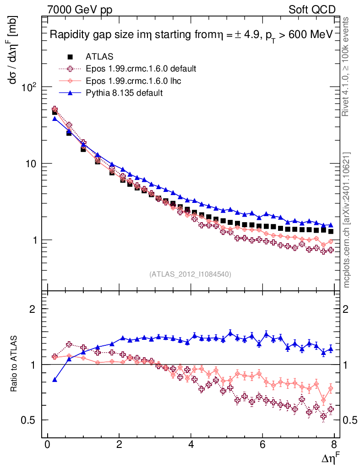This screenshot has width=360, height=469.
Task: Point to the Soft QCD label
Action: (x=312, y=10)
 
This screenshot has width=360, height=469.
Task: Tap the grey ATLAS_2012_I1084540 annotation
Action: (x=190, y=274)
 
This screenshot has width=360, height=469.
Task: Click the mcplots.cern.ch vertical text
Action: (x=347, y=220)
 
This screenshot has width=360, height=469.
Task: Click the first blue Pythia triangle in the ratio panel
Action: (x=55, y=379)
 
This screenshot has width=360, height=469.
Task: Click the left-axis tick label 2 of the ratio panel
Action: (x=33, y=309)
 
